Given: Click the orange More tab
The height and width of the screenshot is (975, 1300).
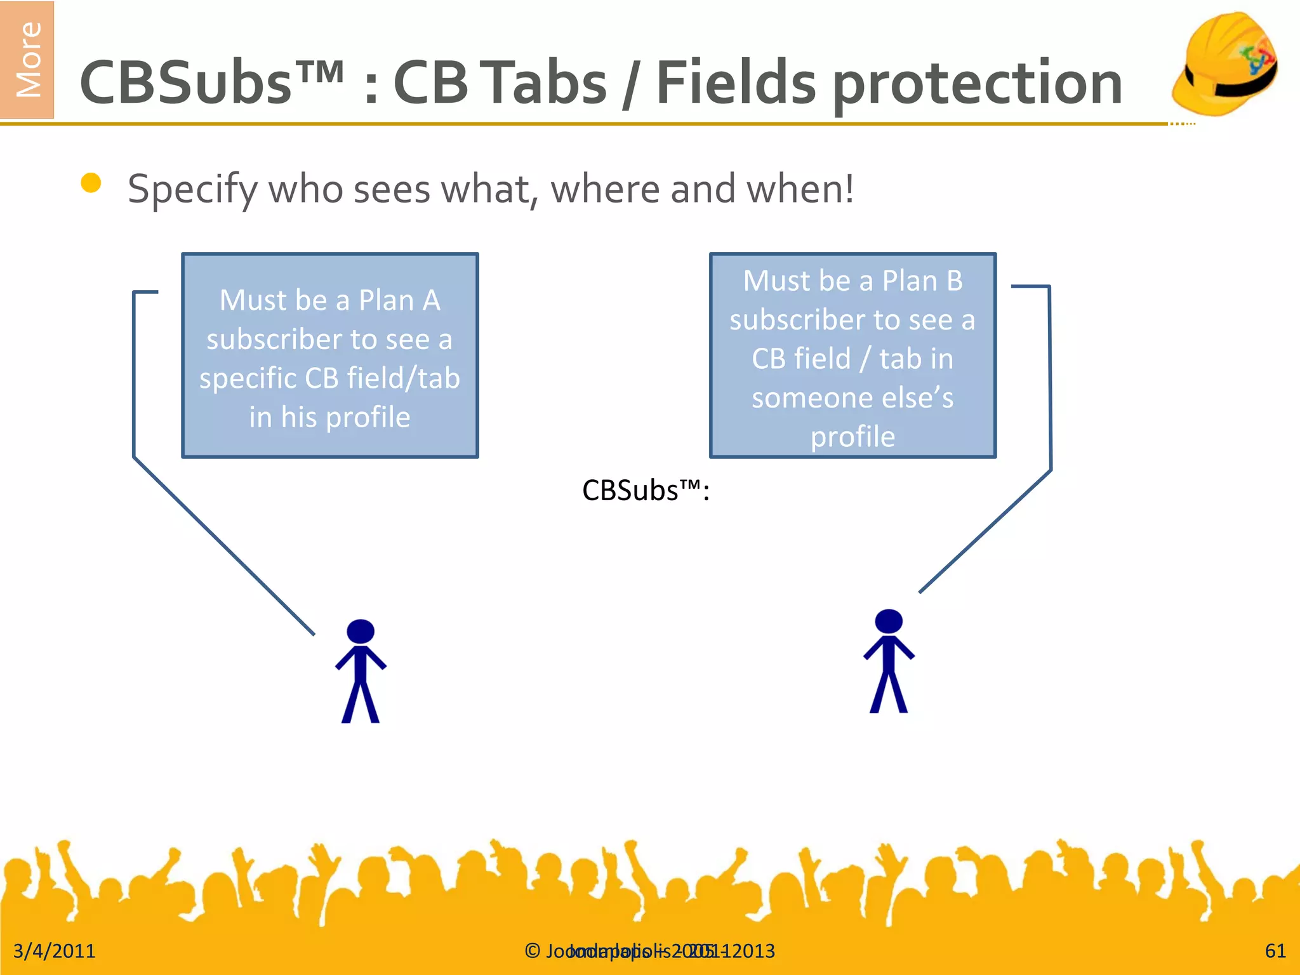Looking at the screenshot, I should pos(27,60).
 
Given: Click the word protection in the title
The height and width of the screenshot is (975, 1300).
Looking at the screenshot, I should pos(977,84).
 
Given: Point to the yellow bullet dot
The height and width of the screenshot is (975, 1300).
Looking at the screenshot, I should pos(91,183).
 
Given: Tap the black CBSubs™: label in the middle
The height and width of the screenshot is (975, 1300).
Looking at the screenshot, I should pos(646,491).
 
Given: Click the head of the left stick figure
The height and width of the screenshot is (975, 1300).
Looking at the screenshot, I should pos(361,632).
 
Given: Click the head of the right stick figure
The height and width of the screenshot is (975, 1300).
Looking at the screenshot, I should pos(888,621).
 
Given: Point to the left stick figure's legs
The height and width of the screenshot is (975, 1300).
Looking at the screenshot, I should pos(361,701).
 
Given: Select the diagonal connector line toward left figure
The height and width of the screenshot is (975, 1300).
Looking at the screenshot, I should pos(222,545).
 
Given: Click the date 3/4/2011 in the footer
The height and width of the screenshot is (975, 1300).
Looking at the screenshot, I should pos(54,951).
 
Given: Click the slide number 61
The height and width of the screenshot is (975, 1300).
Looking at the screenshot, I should pos(1275,951).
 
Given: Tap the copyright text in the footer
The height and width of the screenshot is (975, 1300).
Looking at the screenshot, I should pos(649,951).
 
